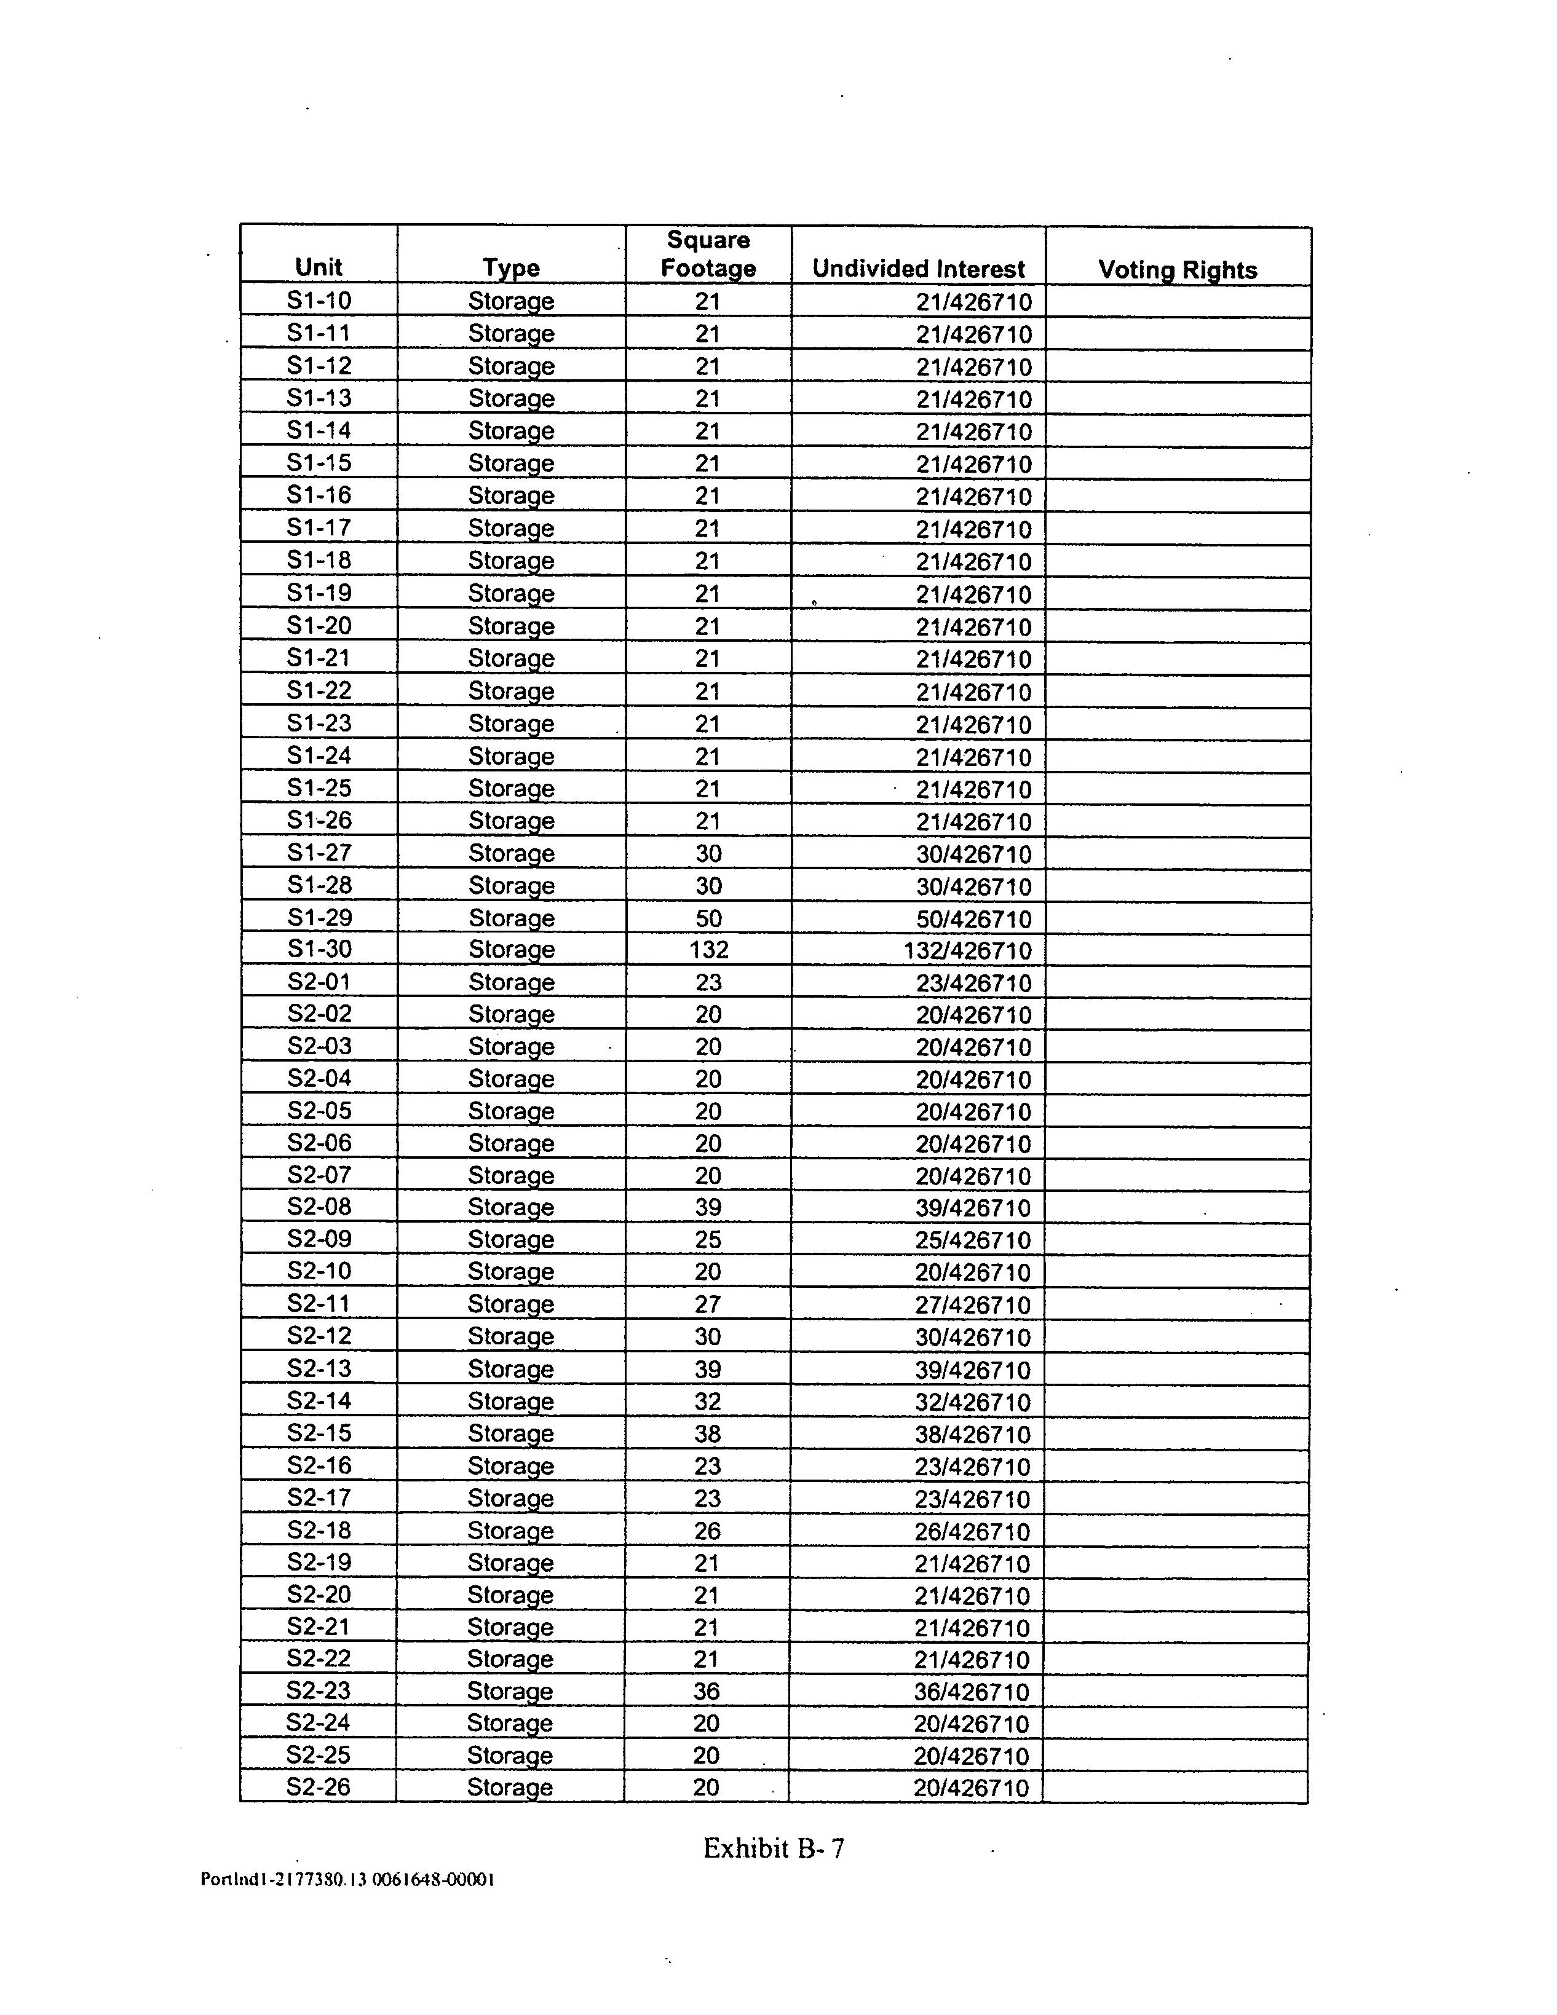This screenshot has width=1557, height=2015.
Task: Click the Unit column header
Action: [319, 267]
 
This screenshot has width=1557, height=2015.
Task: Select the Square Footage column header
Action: [708, 254]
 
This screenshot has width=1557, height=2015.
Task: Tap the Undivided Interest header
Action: [918, 269]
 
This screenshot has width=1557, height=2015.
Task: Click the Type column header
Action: [510, 269]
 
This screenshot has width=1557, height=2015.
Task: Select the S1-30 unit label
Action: [319, 949]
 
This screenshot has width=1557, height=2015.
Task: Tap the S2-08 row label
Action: [319, 1207]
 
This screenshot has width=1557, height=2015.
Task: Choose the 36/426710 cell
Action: [971, 1692]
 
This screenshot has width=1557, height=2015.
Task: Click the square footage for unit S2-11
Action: [707, 1304]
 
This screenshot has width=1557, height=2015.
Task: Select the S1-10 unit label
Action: [319, 301]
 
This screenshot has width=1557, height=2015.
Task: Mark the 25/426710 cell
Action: [972, 1240]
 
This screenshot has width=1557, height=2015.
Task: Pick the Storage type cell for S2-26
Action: [509, 1787]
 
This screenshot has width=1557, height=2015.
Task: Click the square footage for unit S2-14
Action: [707, 1402]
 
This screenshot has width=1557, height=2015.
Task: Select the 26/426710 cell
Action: [972, 1532]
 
